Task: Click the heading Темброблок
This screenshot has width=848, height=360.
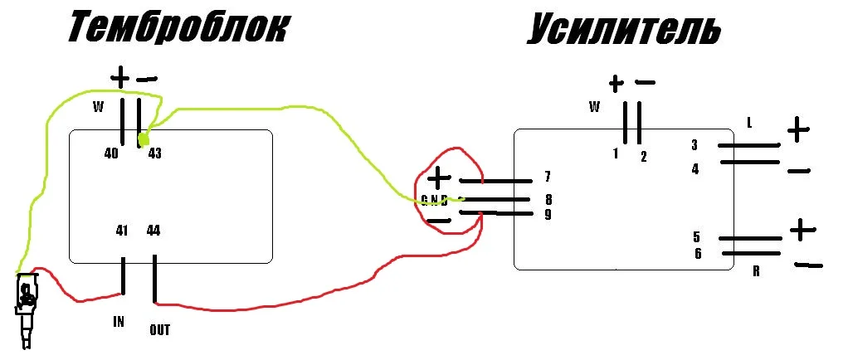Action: (x=178, y=29)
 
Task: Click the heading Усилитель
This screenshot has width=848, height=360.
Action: (x=624, y=29)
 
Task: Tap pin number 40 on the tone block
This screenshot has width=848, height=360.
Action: (x=111, y=154)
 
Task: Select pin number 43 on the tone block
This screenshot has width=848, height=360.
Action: (x=154, y=154)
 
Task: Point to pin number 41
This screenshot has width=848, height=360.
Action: (x=122, y=231)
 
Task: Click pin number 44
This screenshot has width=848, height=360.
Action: (x=154, y=231)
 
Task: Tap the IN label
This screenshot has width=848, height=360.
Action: (x=119, y=322)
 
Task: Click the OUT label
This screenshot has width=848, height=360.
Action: (x=160, y=329)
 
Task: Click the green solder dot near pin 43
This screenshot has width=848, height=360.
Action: (x=144, y=139)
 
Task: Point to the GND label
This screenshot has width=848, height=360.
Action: (x=435, y=201)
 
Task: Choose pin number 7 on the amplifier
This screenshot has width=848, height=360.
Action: (x=548, y=177)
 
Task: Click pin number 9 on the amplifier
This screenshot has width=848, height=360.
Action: (x=548, y=215)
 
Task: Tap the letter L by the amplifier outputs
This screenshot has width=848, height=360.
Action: (x=749, y=124)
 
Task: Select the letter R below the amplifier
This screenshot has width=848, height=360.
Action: (x=756, y=271)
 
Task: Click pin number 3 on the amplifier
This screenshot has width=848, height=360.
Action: (x=694, y=145)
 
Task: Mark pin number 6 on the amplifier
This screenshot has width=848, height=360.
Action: (x=698, y=253)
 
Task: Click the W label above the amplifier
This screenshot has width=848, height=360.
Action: (x=594, y=107)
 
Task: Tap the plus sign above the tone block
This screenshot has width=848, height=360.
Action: (x=120, y=79)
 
